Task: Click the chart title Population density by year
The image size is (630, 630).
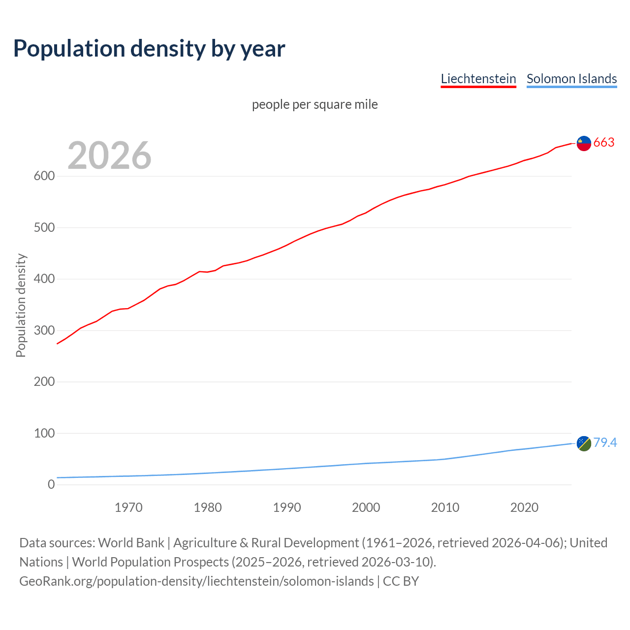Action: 149,48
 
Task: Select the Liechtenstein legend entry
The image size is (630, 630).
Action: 478,79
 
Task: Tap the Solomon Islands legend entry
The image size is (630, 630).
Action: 571,79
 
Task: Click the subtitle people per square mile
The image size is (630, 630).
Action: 315,104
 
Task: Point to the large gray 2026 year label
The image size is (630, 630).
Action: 109,156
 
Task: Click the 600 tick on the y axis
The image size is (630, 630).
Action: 44,176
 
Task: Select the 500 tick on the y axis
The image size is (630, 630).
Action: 44,227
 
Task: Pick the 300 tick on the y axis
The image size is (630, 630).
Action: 44,330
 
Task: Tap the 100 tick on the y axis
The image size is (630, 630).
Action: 44,433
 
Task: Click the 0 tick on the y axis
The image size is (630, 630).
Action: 51,484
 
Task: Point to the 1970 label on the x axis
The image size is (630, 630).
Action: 128,507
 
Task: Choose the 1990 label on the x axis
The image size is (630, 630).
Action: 287,507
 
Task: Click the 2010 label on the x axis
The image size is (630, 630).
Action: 445,507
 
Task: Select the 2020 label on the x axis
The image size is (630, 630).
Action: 524,507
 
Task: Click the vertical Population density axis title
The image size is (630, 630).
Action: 21,305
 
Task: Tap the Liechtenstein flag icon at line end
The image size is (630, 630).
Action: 584,143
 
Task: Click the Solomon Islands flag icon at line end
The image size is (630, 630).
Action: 584,443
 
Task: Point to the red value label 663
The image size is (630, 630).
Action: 604,143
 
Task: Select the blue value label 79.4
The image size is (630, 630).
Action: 605,443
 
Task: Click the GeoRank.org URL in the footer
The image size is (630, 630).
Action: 196,581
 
